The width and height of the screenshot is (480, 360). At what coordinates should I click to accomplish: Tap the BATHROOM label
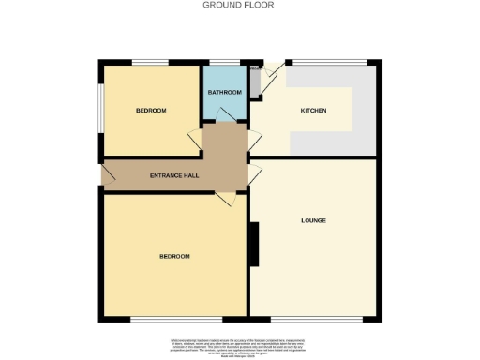click(x=225, y=92)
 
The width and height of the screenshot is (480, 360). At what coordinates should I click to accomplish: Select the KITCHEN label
click(x=313, y=111)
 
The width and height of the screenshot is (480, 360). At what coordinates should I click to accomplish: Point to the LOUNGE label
click(x=313, y=221)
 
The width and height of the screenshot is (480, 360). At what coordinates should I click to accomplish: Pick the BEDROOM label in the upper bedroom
click(x=151, y=111)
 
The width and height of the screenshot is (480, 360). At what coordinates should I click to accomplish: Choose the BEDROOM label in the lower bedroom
click(x=173, y=256)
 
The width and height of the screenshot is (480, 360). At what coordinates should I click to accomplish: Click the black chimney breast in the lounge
click(x=253, y=243)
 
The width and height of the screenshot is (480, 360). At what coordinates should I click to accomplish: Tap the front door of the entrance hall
click(x=108, y=172)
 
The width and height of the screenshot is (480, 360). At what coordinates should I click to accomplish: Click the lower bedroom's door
click(x=225, y=200)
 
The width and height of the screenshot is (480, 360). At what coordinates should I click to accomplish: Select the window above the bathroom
click(x=225, y=62)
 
